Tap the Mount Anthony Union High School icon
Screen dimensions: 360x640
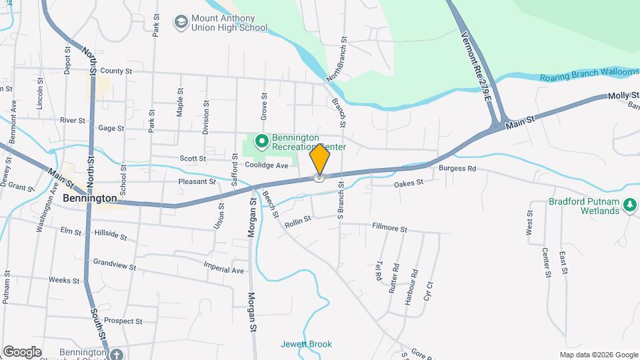[x=180, y=23]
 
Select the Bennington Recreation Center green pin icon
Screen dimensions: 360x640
[x=262, y=141]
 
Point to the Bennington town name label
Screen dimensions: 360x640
[x=89, y=199]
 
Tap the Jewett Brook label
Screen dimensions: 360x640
[x=305, y=345]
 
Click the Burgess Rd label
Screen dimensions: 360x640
[x=457, y=169]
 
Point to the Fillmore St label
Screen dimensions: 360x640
[x=389, y=229]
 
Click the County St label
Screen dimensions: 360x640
[x=117, y=71]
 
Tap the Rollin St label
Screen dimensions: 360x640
[x=298, y=219]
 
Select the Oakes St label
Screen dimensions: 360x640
[x=409, y=183]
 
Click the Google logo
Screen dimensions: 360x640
[x=21, y=351]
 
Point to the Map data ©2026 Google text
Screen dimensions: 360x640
[x=599, y=355]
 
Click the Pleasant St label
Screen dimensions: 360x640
[x=197, y=181]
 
